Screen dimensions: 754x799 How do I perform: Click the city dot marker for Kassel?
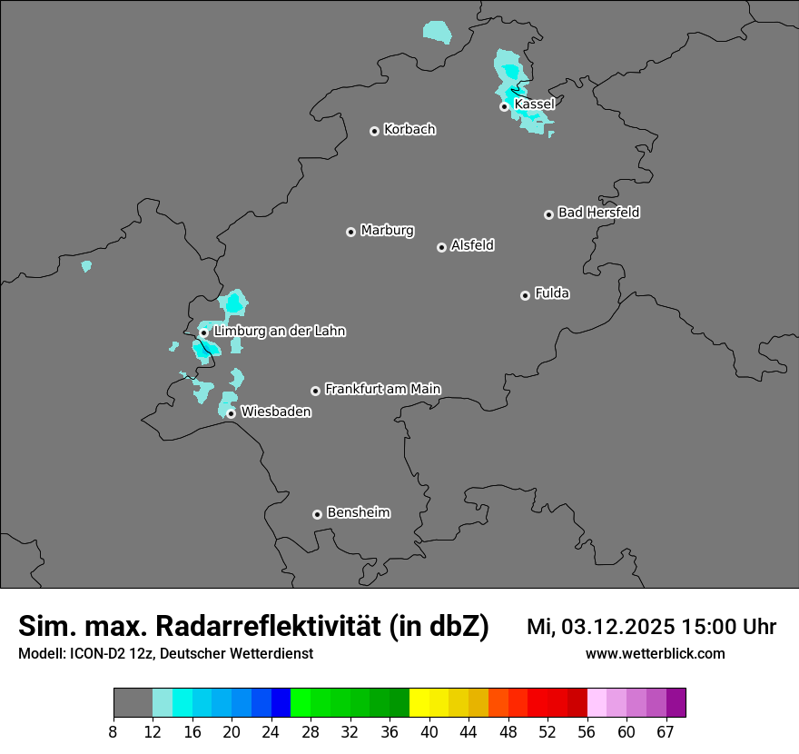(x=504, y=106)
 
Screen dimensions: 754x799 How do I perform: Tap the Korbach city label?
(x=409, y=129)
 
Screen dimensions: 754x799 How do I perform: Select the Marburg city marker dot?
(x=350, y=232)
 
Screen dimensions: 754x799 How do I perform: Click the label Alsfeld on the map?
(x=472, y=245)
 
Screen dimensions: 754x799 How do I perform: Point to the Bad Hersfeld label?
(x=598, y=213)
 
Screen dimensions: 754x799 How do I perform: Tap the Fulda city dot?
(x=525, y=295)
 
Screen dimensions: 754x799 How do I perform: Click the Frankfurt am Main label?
(x=382, y=389)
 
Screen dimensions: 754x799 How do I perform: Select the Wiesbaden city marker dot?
(x=231, y=413)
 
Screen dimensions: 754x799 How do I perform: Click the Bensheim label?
(x=358, y=512)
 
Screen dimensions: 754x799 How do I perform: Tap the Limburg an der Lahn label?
(x=279, y=332)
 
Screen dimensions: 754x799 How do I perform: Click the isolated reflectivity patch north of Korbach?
(x=437, y=32)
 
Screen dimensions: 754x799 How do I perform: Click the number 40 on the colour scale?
(x=429, y=732)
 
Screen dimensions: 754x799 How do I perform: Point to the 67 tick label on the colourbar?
(x=666, y=732)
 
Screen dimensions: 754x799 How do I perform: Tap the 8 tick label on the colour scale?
(x=113, y=732)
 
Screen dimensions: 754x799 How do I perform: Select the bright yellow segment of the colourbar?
(x=419, y=703)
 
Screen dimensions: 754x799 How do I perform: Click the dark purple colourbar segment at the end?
(x=676, y=703)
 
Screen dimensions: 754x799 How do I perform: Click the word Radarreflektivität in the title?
(x=271, y=626)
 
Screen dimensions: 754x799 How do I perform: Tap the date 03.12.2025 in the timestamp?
(x=618, y=627)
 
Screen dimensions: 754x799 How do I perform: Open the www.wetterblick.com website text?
(x=655, y=653)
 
